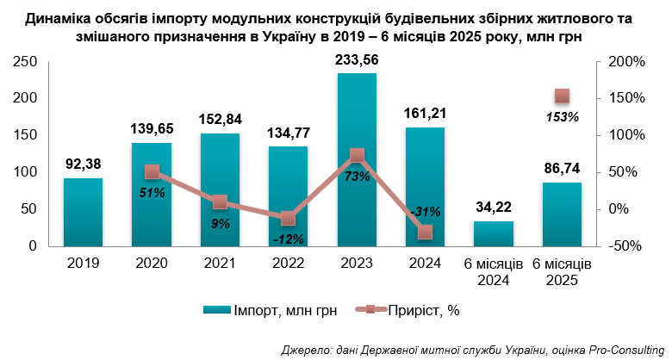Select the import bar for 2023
click(357, 159)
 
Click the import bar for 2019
click(83, 212)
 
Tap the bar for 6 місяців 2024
click(493, 233)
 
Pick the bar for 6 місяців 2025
click(562, 214)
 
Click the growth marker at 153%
click(562, 96)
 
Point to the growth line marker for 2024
click(425, 232)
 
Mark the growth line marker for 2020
click(152, 172)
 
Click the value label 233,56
click(357, 60)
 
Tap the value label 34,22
click(493, 207)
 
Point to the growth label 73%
click(357, 176)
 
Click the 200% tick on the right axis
click(625, 62)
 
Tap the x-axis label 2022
click(288, 263)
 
